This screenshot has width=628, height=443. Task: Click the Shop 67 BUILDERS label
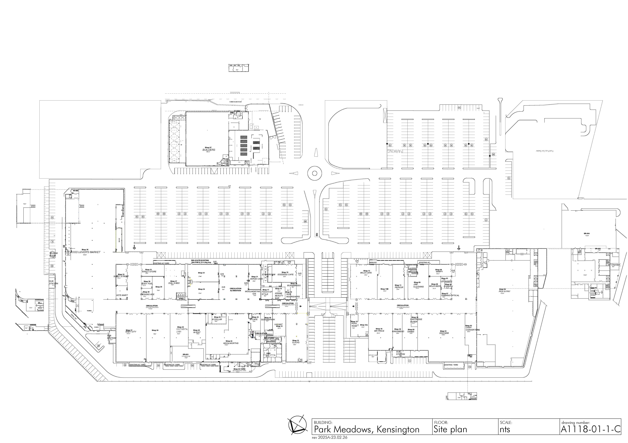(209, 150)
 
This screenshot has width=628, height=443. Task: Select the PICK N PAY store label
(504, 291)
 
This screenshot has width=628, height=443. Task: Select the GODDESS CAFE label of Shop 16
(285, 275)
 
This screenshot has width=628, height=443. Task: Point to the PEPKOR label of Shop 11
(399, 287)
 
